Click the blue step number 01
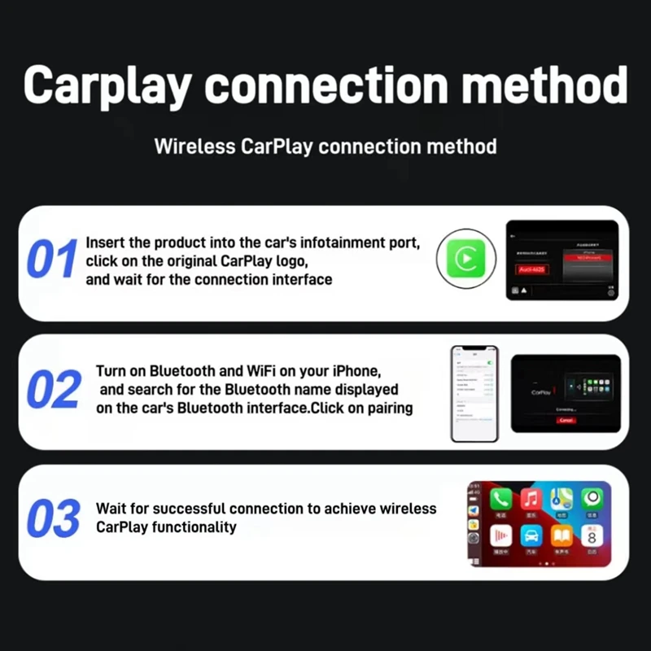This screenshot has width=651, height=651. tap(51, 259)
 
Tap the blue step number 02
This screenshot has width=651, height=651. tap(55, 390)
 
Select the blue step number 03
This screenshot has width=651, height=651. tap(54, 519)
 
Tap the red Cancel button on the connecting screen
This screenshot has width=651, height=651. tap(566, 420)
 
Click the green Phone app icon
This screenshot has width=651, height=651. tap(500, 499)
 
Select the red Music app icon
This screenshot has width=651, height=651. tap(531, 499)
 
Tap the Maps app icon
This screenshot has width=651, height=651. tap(561, 499)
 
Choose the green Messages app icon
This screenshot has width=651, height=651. tap(592, 499)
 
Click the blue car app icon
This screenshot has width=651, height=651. tap(531, 536)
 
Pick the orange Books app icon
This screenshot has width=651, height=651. tap(561, 536)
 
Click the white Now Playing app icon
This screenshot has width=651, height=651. tap(500, 536)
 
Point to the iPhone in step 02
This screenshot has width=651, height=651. tap(474, 394)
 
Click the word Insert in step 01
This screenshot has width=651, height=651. tap(104, 242)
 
